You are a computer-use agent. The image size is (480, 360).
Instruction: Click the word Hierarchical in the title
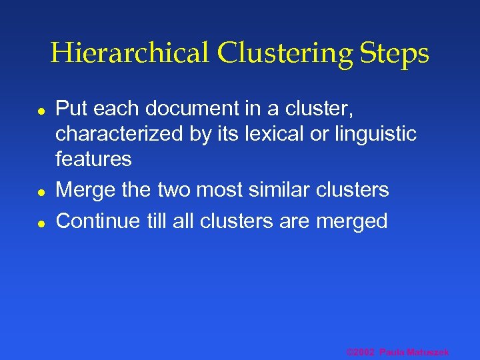click(129, 53)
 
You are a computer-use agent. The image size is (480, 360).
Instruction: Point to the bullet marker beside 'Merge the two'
click(41, 192)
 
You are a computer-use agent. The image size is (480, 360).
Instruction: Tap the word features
click(93, 159)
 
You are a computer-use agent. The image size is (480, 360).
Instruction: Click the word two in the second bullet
click(174, 190)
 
